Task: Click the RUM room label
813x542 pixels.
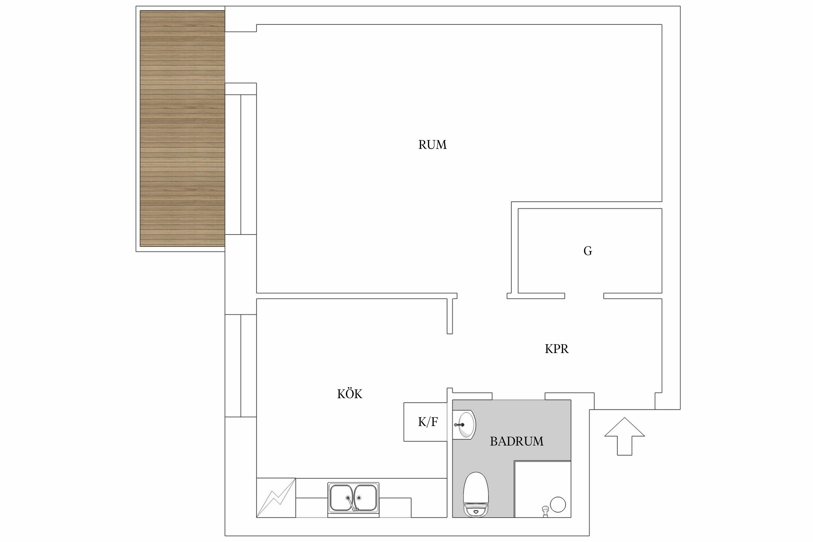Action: [432, 145]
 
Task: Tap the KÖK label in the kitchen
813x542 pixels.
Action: [349, 394]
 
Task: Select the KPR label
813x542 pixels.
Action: [557, 349]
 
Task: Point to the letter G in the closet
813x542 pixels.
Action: [588, 251]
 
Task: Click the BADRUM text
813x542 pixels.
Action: [517, 441]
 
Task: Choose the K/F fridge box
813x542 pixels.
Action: [425, 422]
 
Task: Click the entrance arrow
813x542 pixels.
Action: [624, 436]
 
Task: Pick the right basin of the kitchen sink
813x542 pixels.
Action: [366, 497]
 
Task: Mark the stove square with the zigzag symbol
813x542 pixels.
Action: [276, 498]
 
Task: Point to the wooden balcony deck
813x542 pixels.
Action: [182, 128]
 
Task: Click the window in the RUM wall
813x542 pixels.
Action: [241, 164]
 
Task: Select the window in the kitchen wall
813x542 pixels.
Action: [241, 365]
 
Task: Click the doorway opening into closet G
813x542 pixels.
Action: [584, 296]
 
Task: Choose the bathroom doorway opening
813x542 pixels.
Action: [519, 396]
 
